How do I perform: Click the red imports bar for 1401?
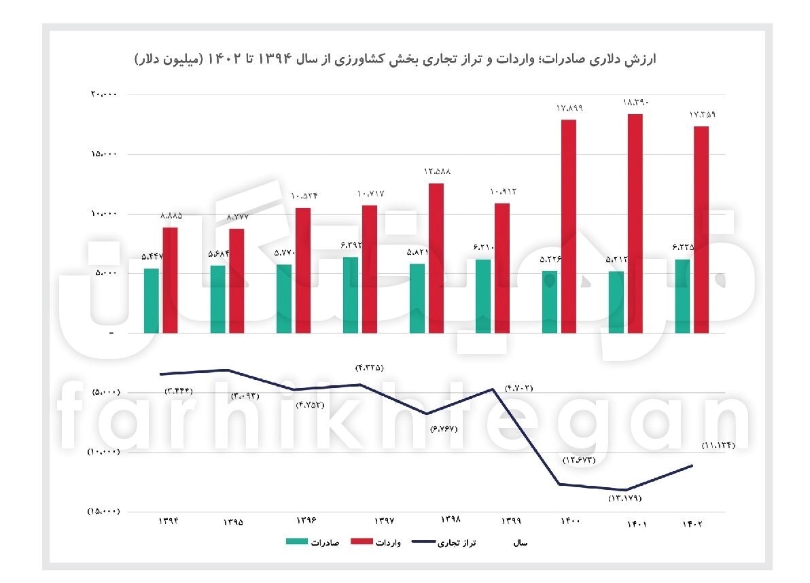(635, 224)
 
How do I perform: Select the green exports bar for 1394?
(152, 300)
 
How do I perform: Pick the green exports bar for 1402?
(682, 296)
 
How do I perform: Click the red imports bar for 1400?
(569, 226)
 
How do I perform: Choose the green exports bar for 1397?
(351, 295)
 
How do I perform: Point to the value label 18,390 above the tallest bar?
(636, 103)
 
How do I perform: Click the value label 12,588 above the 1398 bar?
(437, 171)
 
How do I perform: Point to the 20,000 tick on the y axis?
(104, 94)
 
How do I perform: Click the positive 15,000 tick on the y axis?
(104, 154)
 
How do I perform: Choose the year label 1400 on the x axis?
(569, 521)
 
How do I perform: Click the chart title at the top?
(395, 60)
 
